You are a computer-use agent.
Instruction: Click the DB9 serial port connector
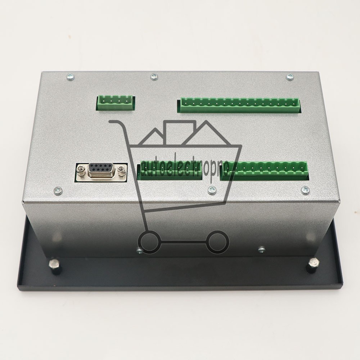(x=101, y=170)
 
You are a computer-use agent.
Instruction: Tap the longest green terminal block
(x=238, y=105)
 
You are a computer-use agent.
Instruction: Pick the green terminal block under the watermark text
(x=170, y=171)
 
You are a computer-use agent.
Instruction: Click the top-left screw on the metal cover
(x=71, y=77)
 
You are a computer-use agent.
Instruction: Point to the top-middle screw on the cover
(x=154, y=76)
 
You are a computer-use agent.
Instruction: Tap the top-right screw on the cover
(x=290, y=77)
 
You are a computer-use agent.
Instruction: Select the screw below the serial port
(x=58, y=190)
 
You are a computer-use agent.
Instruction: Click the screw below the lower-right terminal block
(x=305, y=190)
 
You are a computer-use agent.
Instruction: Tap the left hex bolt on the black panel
(x=55, y=267)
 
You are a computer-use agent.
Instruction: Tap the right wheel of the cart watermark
(x=217, y=242)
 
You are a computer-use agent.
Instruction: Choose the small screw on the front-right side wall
(x=262, y=249)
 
